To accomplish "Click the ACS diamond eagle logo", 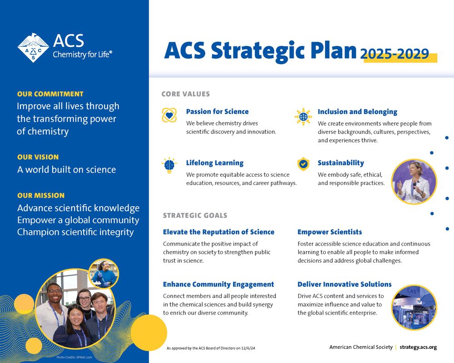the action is (33, 48).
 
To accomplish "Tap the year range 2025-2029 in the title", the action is (394, 54).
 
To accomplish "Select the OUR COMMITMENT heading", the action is (50, 94).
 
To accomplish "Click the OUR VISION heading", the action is (38, 157).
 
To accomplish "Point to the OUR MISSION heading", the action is (41, 196).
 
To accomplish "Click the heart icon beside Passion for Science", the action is (170, 115).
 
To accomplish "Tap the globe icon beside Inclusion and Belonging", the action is (303, 117).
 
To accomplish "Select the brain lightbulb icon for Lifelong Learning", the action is (170, 165).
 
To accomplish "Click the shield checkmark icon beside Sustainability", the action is (303, 164).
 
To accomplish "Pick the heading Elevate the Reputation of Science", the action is (219, 232).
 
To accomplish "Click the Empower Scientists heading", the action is (330, 232).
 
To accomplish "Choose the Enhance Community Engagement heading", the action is (218, 284).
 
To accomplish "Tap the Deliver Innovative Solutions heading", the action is (344, 284).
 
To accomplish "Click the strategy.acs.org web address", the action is (418, 347).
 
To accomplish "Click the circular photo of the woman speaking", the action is (414, 182).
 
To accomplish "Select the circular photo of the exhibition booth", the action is (414, 308).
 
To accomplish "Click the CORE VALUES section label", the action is (185, 94).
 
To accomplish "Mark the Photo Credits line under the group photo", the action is (74, 358).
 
